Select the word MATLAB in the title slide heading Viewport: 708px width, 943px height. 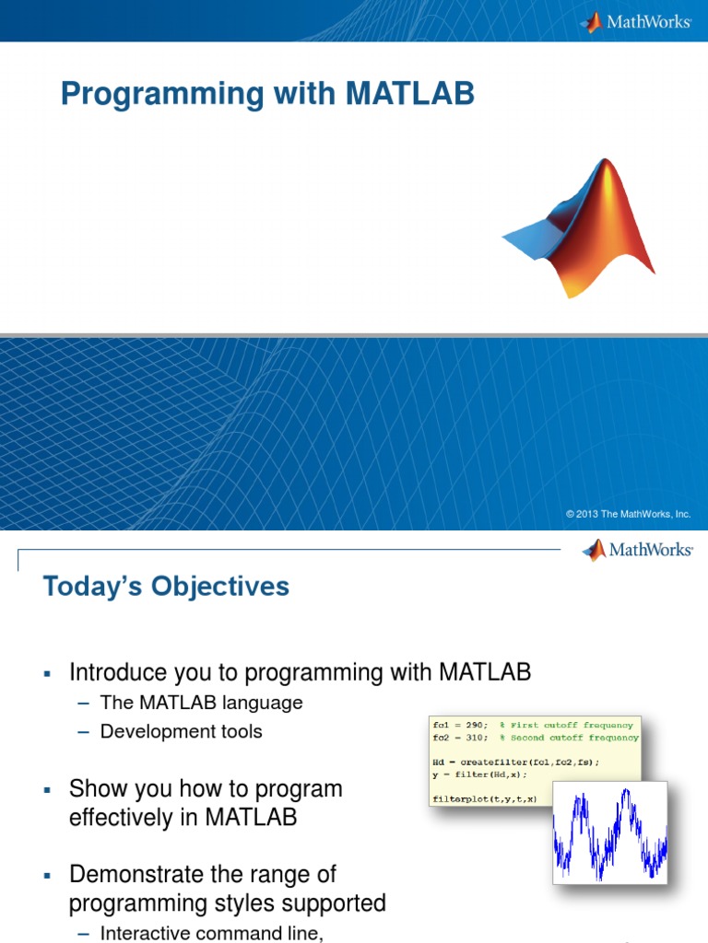click(x=411, y=94)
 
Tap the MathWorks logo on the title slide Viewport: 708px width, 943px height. click(x=635, y=21)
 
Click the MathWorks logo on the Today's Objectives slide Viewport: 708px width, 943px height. click(x=637, y=551)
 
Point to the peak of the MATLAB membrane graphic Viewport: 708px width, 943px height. click(x=606, y=164)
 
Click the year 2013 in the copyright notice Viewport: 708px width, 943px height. click(x=588, y=515)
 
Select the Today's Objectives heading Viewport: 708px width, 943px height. click(x=166, y=586)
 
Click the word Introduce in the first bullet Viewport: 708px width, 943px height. click(x=116, y=672)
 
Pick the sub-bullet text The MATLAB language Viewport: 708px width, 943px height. click(x=201, y=703)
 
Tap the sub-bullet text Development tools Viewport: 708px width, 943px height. click(x=181, y=732)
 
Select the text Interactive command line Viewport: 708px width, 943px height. click(x=211, y=933)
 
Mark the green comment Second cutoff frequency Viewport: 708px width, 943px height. click(x=573, y=739)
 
